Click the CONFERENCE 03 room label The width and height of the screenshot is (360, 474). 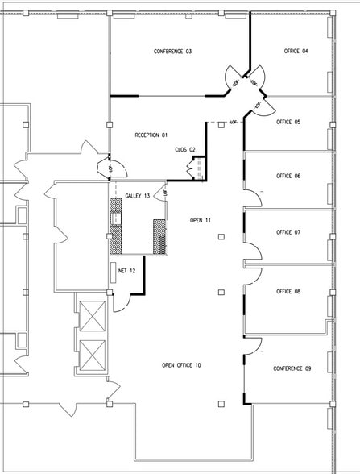172,52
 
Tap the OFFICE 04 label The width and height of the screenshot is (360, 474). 296,52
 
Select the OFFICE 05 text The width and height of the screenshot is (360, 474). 288,122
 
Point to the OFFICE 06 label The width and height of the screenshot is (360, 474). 288,176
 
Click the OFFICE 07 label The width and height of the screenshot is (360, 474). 288,232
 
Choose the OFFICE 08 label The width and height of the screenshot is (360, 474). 288,292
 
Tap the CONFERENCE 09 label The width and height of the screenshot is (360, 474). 292,368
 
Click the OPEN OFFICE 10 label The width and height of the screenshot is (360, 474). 181,365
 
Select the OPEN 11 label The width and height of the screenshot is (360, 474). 201,220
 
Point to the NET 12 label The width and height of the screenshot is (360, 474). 127,271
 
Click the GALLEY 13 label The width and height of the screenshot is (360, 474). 134,195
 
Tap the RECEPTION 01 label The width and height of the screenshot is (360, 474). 151,135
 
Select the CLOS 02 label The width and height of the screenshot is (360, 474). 185,149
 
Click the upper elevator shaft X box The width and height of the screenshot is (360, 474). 94,317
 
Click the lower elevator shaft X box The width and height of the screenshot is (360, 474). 94,354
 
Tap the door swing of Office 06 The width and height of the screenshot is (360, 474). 253,196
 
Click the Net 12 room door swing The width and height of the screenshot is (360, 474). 121,303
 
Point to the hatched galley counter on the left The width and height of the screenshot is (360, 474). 114,227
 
